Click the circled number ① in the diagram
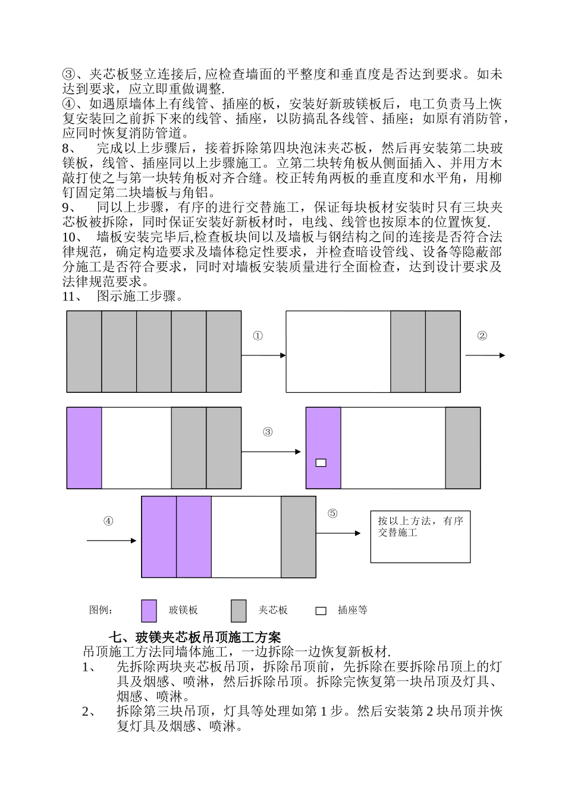pyautogui.click(x=258, y=336)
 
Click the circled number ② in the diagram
pyautogui.click(x=482, y=336)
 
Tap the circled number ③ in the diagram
pyautogui.click(x=268, y=432)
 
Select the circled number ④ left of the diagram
pyautogui.click(x=108, y=521)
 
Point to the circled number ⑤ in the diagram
pyautogui.click(x=332, y=513)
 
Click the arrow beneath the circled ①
pyautogui.click(x=263, y=355)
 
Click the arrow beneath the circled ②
pyautogui.click(x=485, y=355)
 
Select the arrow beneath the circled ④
pyautogui.click(x=112, y=540)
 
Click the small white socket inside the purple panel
pyautogui.click(x=321, y=462)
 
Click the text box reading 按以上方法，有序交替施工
pyautogui.click(x=420, y=536)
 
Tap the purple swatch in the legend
pyautogui.click(x=149, y=610)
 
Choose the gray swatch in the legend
pyautogui.click(x=238, y=610)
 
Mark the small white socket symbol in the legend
pyautogui.click(x=321, y=611)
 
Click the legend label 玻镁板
pyautogui.click(x=183, y=610)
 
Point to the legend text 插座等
pyautogui.click(x=353, y=610)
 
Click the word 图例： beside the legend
pyautogui.click(x=102, y=610)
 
